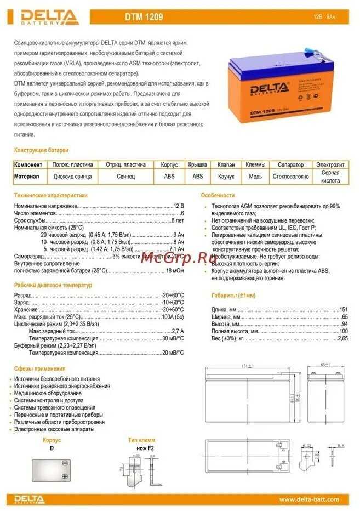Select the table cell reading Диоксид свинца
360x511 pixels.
coord(73,177)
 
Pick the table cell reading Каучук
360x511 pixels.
coord(226,177)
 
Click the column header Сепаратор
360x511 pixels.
coord(290,164)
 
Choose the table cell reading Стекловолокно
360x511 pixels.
coord(290,177)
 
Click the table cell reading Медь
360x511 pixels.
coord(255,177)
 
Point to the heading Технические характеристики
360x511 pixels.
coord(50,195)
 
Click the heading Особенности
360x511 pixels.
coord(218,195)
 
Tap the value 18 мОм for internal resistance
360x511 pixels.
coord(175,271)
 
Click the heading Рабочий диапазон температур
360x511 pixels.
coord(53,285)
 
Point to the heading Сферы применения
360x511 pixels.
coord(39,368)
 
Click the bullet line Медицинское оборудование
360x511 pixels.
coord(48,393)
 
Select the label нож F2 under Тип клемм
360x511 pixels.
coord(146,448)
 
